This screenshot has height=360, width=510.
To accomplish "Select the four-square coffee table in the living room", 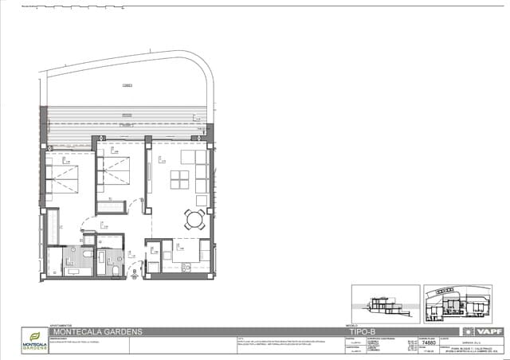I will [179, 180].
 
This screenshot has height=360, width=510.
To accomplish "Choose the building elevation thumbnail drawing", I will [385, 304].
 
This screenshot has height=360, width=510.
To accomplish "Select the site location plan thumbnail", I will [457, 304].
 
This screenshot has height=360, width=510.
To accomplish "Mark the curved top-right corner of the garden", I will [206, 76].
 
